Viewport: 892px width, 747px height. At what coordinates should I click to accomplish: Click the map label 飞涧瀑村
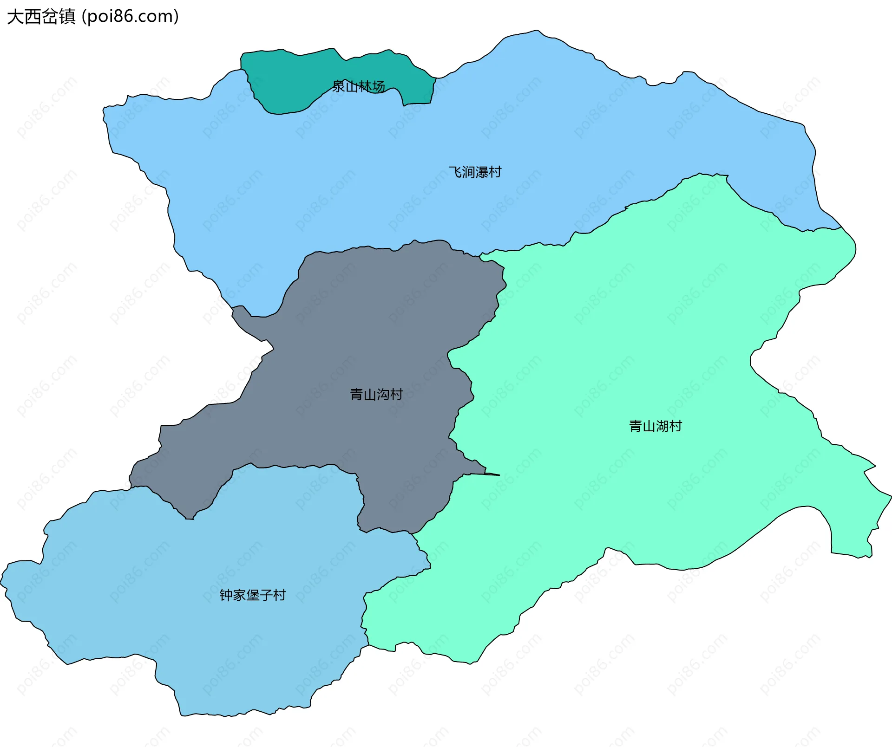click(x=475, y=172)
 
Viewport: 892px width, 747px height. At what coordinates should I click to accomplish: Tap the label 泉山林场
click(x=358, y=86)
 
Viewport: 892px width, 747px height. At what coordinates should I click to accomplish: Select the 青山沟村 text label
click(x=376, y=395)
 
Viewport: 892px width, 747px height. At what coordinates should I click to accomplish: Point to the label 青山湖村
click(x=655, y=426)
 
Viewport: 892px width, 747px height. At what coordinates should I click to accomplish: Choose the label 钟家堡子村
click(x=252, y=595)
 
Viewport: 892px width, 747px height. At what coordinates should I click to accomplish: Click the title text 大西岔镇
click(x=41, y=17)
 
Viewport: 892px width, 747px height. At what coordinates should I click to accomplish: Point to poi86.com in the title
click(x=130, y=17)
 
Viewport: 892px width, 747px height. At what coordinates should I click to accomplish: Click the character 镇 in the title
click(x=67, y=17)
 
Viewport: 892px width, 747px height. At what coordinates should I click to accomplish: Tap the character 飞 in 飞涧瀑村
click(x=455, y=172)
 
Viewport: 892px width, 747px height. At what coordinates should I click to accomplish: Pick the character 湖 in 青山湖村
click(x=662, y=426)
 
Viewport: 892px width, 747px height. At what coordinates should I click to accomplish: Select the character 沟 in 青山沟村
click(x=383, y=395)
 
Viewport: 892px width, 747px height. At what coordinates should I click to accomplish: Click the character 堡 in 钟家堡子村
click(x=252, y=595)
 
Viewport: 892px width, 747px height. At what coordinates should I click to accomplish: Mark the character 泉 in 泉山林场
click(x=338, y=86)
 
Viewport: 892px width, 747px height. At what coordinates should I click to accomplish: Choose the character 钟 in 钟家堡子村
click(x=226, y=595)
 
